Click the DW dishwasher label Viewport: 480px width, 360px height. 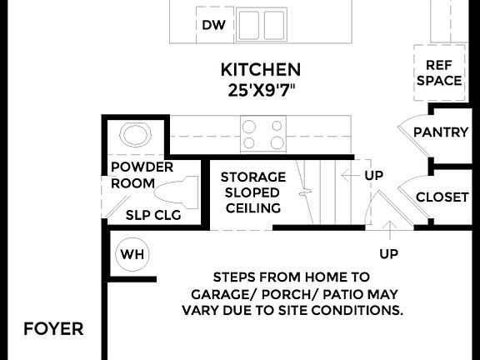214,25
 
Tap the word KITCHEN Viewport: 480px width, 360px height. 260,69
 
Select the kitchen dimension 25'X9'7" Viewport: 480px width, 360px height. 260,88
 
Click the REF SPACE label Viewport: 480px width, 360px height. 439,73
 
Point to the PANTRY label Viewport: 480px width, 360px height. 441,132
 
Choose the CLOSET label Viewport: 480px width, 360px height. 442,197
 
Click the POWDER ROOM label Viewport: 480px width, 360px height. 142,175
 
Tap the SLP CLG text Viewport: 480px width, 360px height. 153,214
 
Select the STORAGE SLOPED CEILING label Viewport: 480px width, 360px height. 252,192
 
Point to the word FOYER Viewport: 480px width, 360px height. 53,328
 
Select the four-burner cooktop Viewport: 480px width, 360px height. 263,134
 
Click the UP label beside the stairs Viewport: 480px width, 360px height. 373,176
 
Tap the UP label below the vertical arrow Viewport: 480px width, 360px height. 388,253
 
